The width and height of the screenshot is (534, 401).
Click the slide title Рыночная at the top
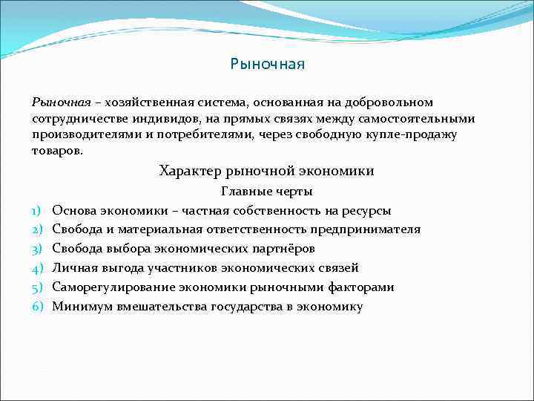pyautogui.click(x=267, y=65)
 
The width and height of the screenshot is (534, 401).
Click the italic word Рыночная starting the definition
pyautogui.click(x=61, y=102)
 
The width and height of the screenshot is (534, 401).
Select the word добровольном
pyautogui.click(x=391, y=102)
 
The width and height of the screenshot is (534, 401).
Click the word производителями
pyautogui.click(x=84, y=134)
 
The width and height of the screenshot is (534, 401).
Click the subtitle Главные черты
pyautogui.click(x=266, y=192)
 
